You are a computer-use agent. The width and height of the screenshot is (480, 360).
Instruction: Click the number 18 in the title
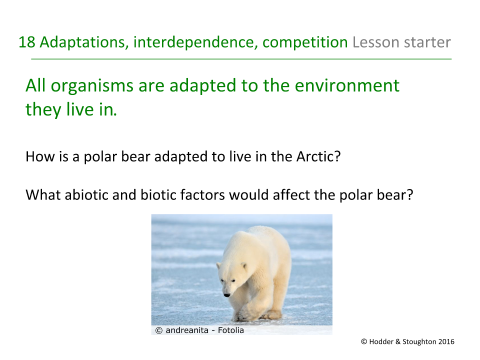(x=26, y=42)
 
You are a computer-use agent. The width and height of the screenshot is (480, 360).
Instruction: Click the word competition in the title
(x=305, y=42)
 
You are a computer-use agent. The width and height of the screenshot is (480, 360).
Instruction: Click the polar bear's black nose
(x=226, y=294)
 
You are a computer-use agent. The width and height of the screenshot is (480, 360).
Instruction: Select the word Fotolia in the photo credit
(x=231, y=330)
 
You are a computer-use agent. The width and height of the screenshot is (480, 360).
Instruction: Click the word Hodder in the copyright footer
(x=382, y=342)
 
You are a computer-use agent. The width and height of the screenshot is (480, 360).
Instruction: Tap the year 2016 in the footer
(x=446, y=342)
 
